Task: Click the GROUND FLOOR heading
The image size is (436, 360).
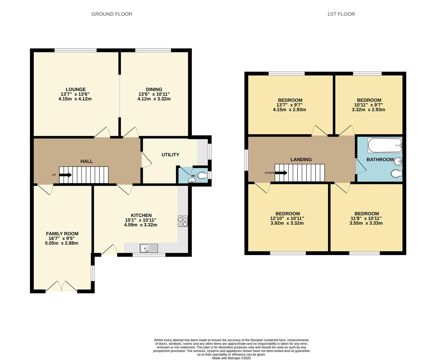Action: click(x=112, y=14)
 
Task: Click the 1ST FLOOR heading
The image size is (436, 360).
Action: click(x=341, y=14)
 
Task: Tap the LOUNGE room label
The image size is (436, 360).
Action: click(x=75, y=89)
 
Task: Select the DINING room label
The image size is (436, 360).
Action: click(x=154, y=89)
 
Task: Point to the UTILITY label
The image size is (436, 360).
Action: click(x=170, y=155)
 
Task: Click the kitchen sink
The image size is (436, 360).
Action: click(x=149, y=248)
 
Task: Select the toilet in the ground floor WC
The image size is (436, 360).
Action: click(x=202, y=175)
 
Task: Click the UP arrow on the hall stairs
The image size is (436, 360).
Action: click(x=65, y=175)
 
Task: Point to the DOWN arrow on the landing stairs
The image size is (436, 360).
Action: click(x=281, y=173)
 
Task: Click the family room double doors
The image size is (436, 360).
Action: click(x=61, y=287)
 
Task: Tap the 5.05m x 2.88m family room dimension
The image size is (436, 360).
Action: click(x=62, y=243)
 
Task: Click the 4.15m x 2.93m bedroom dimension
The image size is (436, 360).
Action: click(x=290, y=110)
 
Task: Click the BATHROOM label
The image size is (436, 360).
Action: click(x=380, y=160)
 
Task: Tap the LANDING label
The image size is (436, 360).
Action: click(x=301, y=160)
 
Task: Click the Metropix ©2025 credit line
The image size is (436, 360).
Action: click(x=231, y=358)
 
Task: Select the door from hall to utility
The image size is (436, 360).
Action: click(x=146, y=160)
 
